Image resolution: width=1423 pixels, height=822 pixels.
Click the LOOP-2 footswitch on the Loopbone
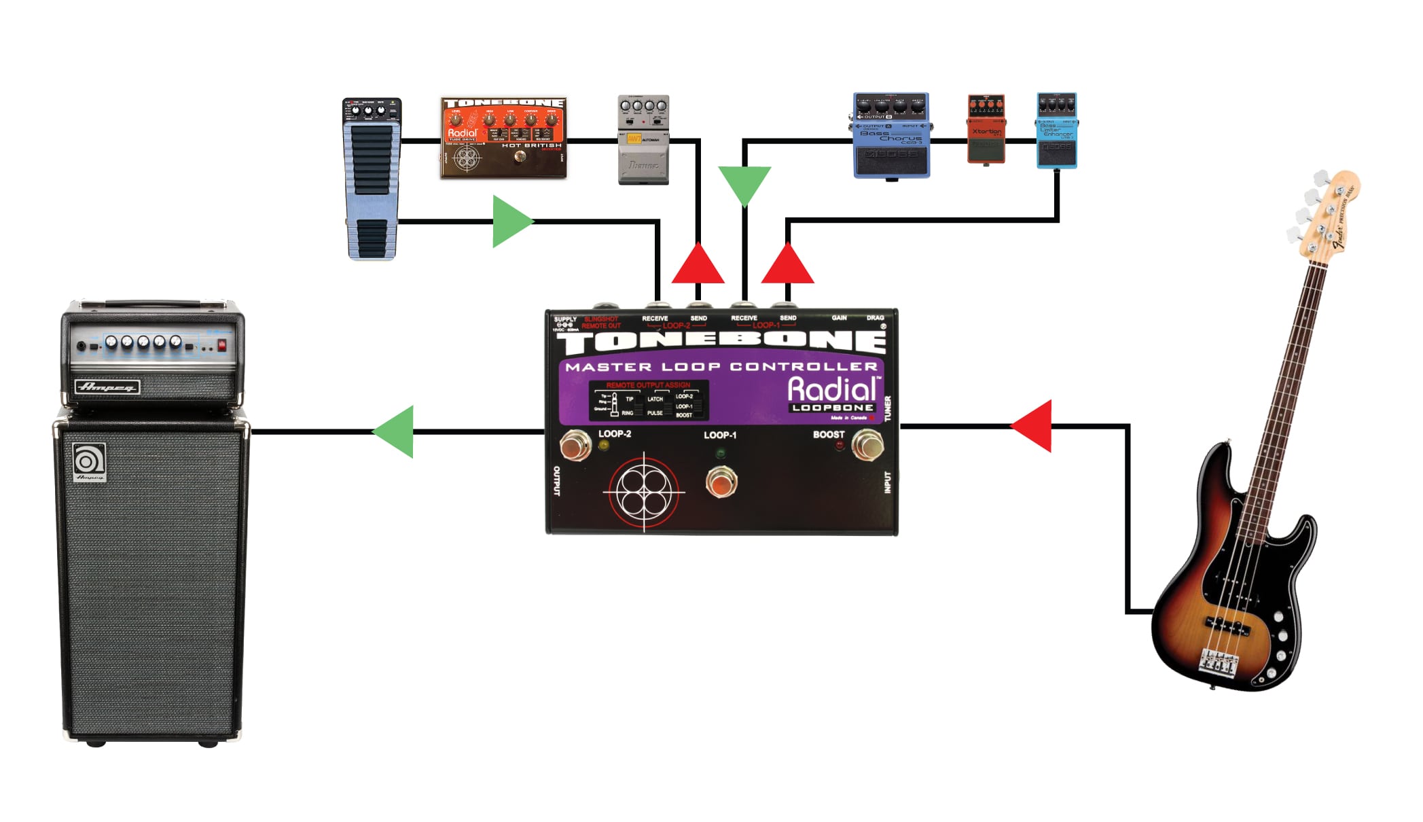(575, 446)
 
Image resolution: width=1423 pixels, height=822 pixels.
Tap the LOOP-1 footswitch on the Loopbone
(721, 482)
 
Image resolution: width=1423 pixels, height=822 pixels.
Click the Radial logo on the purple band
(832, 389)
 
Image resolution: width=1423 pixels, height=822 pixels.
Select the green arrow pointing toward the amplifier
(396, 431)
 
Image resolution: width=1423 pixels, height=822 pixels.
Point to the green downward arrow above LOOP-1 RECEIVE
(744, 182)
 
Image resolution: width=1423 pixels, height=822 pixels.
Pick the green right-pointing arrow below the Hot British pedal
(511, 221)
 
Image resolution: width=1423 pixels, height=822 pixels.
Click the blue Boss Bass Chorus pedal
(891, 136)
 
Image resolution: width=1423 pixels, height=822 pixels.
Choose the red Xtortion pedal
(986, 129)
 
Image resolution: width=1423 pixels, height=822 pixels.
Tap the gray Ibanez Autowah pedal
(643, 139)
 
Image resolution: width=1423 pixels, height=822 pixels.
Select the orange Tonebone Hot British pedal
(503, 138)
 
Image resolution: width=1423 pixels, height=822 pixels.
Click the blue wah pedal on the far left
(372, 179)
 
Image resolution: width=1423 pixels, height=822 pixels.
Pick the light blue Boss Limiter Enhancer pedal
(1057, 130)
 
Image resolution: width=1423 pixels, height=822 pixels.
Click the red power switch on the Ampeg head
(221, 346)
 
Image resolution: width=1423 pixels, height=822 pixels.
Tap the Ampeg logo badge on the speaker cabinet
(89, 462)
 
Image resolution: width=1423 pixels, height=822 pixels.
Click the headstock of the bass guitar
(1325, 211)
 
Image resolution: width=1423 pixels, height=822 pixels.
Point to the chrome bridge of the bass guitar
(1217, 662)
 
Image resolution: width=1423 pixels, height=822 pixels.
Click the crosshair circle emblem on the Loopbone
(643, 490)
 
